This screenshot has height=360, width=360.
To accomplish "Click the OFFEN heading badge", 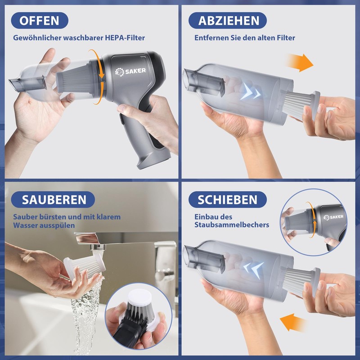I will [40, 20].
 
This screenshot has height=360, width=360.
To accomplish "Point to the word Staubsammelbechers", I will [232, 225].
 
